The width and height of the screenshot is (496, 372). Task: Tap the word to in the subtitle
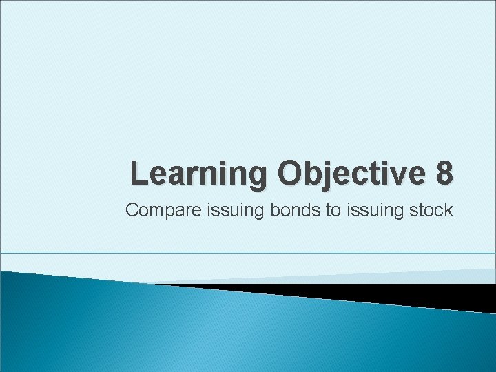(x=333, y=210)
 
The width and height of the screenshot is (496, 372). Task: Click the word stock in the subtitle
(x=432, y=210)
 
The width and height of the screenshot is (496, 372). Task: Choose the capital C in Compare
(x=132, y=210)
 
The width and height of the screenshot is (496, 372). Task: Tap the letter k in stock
(x=448, y=210)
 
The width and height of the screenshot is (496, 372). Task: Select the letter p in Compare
(x=168, y=211)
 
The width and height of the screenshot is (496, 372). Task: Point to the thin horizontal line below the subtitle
(x=248, y=253)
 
